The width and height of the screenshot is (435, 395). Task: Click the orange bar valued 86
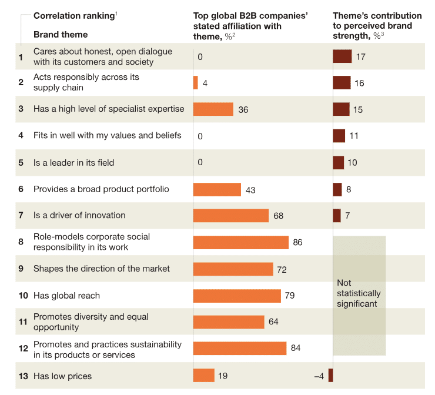point(241,243)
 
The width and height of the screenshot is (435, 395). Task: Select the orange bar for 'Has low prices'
point(204,376)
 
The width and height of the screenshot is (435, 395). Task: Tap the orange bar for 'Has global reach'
point(237,296)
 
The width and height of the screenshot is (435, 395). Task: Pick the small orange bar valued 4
point(196,83)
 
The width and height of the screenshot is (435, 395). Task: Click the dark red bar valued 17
point(342,56)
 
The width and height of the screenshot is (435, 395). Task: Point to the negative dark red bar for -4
point(330,376)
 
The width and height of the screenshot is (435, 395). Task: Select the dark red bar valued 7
point(337,216)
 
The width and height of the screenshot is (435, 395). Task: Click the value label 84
point(296,349)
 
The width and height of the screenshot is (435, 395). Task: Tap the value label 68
point(279,216)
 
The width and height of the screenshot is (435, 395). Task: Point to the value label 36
point(243,109)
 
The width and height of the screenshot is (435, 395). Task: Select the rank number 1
point(21,57)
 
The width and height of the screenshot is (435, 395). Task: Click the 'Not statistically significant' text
point(359,293)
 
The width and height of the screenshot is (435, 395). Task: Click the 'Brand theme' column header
point(61,35)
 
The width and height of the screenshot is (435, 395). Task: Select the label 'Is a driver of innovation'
point(79,215)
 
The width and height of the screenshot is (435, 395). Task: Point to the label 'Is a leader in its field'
point(73,162)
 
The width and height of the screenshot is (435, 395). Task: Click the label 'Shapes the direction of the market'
point(102,269)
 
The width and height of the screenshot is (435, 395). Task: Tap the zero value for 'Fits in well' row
point(200,136)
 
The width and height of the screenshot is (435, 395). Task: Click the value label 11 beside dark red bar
point(354,136)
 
